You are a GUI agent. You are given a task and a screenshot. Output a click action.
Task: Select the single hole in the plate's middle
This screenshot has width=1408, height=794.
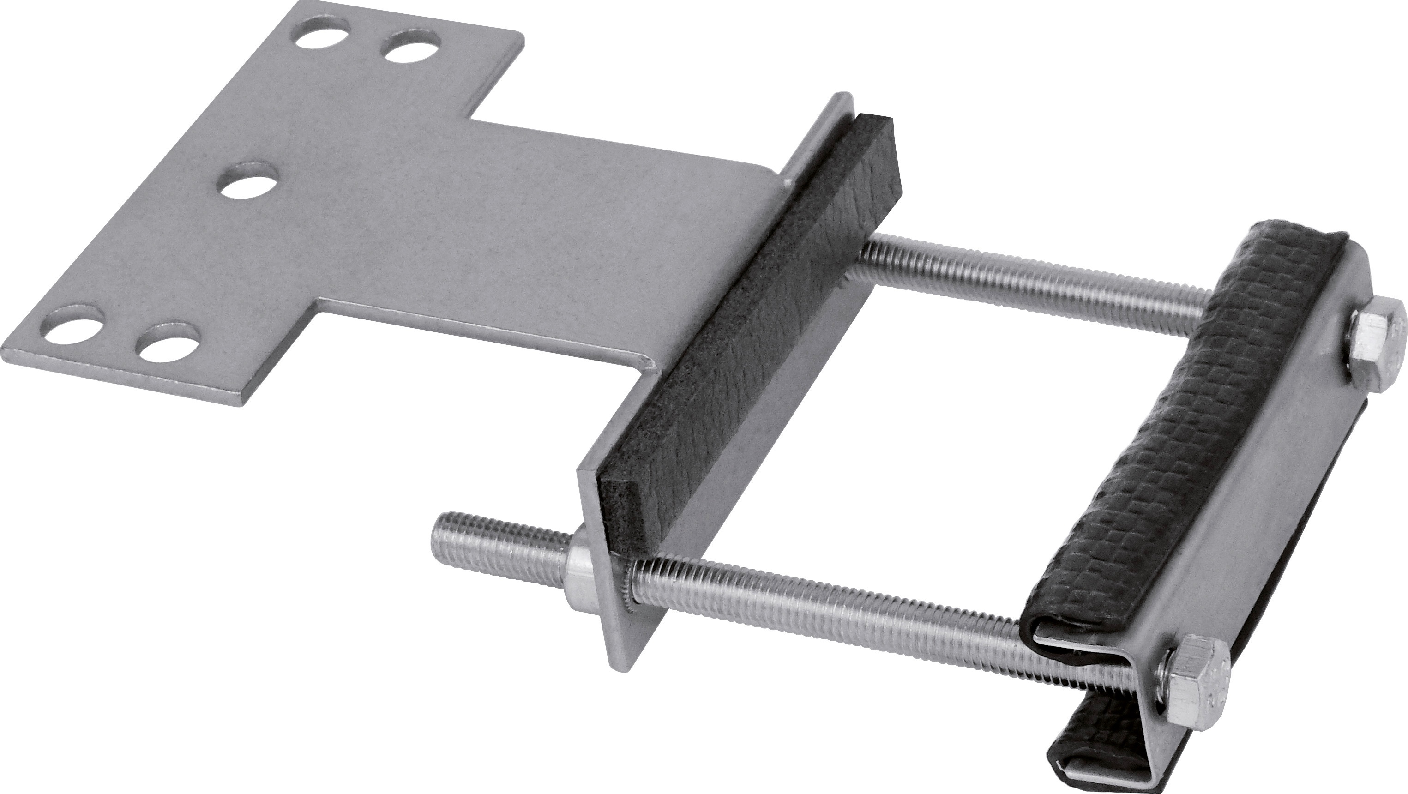click(248, 185)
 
